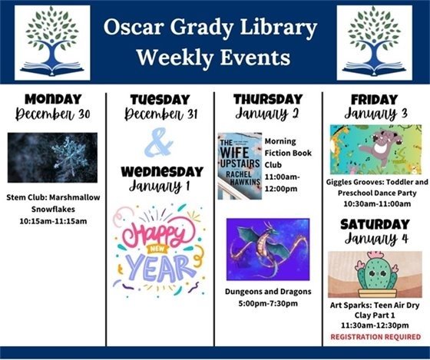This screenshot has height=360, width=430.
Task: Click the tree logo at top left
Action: click(x=52, y=42)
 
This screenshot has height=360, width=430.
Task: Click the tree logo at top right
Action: click(x=374, y=42)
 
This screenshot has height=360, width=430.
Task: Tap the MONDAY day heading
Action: click(x=53, y=99)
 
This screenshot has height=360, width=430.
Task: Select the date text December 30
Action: click(x=53, y=115)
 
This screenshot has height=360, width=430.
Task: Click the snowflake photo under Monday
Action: click(x=53, y=157)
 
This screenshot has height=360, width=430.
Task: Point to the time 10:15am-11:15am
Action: click(x=53, y=221)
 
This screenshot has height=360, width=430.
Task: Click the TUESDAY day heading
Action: click(x=159, y=100)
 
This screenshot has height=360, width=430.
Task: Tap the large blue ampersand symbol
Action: click(x=159, y=141)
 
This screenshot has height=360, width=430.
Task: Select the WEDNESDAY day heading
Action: click(x=159, y=170)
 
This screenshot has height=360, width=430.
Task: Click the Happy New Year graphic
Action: click(x=159, y=251)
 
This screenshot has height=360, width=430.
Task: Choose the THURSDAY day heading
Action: click(x=267, y=99)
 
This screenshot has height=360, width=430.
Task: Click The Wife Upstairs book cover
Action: click(x=239, y=166)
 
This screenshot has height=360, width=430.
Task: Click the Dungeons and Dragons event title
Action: click(x=267, y=292)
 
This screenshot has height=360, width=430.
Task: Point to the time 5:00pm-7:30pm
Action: click(x=267, y=303)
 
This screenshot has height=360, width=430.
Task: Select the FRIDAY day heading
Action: click(x=374, y=99)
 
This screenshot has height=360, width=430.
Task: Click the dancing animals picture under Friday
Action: click(x=375, y=150)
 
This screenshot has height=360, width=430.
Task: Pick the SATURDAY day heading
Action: click(x=375, y=224)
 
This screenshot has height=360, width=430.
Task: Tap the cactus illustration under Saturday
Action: click(x=375, y=274)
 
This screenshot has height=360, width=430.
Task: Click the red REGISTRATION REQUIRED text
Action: click(x=375, y=336)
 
